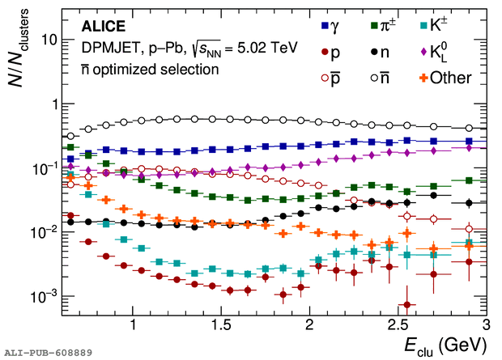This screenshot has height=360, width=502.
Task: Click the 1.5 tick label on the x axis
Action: [220, 323]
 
